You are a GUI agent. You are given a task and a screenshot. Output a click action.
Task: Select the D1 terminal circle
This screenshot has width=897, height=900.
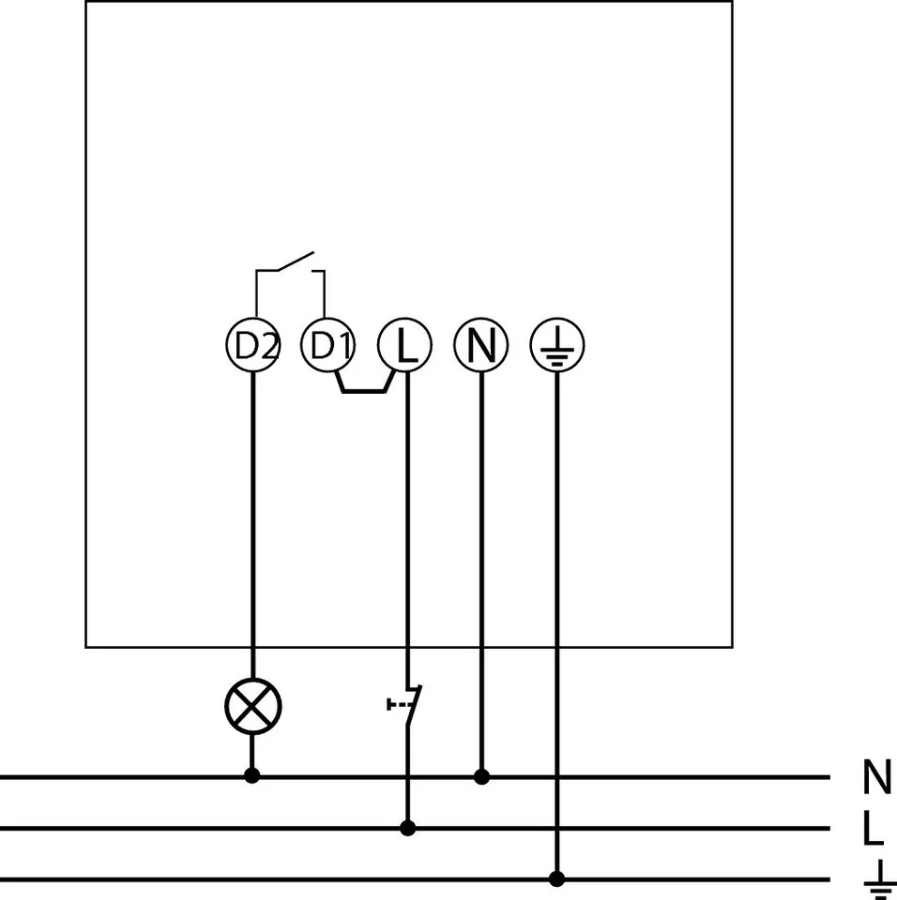pos(327,346)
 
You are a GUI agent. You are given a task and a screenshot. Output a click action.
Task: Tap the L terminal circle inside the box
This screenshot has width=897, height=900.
pos(405,346)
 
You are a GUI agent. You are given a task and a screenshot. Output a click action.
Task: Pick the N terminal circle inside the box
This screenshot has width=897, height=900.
pos(481,346)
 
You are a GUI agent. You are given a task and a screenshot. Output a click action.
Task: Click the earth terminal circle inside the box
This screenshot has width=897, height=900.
pos(557,346)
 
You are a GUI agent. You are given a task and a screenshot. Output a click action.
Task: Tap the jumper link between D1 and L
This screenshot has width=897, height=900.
pos(365,389)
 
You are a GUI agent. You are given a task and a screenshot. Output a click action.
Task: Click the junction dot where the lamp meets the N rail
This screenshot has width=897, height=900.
pos(251,776)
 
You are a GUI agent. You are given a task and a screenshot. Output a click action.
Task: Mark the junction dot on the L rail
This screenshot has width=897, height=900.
pos(407,828)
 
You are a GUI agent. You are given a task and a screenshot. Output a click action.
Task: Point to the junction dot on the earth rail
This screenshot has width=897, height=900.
pos(557,878)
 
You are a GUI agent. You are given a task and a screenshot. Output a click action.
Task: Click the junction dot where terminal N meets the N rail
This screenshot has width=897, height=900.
pos(481,776)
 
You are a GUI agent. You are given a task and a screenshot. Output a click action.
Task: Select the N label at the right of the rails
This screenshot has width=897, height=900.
pos(876,777)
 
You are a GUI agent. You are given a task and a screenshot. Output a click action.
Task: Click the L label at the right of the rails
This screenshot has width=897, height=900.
pos(873,829)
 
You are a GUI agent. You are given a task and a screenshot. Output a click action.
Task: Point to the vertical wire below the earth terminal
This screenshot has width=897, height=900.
pos(557,609)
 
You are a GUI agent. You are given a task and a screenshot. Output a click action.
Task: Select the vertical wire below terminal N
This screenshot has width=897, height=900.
pos(481,562)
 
